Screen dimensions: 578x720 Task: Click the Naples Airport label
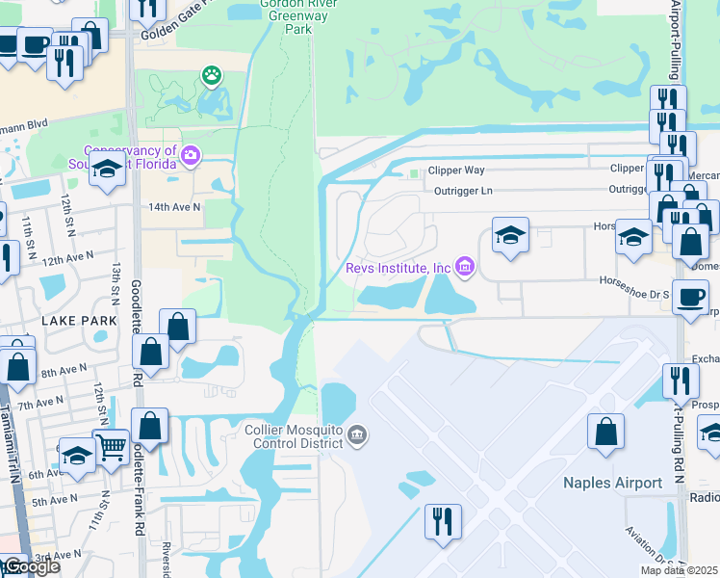coord(613,483)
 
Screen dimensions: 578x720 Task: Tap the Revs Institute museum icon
coord(465,267)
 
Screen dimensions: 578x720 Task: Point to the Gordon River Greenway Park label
coord(285,16)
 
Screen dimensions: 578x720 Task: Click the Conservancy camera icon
coord(191,155)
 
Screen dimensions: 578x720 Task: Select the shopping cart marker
coord(112,444)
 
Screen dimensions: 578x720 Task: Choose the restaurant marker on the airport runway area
coord(443,521)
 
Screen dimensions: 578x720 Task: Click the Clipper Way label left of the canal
coord(456,170)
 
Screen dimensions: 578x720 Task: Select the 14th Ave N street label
coord(173,207)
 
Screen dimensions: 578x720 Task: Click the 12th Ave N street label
coord(65,257)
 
